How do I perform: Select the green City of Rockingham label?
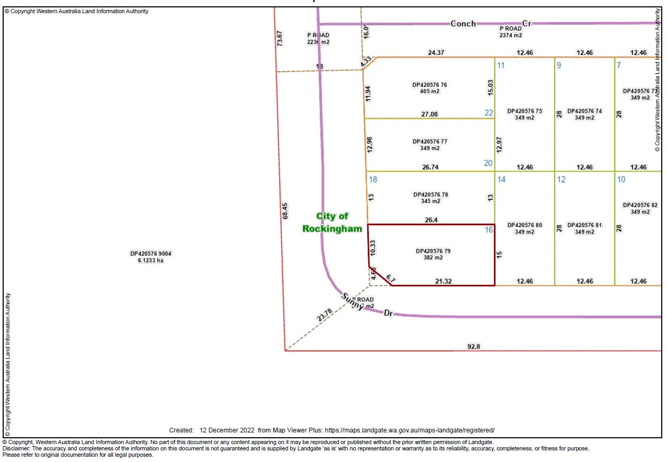(332, 223)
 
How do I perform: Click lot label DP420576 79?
(433, 254)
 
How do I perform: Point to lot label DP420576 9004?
(151, 257)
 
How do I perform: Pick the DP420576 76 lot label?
(430, 88)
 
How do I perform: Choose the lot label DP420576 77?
(430, 145)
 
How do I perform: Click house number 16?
(489, 229)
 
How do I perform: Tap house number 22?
(489, 112)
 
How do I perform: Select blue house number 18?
(373, 179)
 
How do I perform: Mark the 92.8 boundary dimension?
(474, 346)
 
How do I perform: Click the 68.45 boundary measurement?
(285, 211)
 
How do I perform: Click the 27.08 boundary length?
(430, 114)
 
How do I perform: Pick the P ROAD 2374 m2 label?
(511, 32)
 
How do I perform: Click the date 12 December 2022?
(227, 430)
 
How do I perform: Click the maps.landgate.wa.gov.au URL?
(410, 430)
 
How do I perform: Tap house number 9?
(559, 65)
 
